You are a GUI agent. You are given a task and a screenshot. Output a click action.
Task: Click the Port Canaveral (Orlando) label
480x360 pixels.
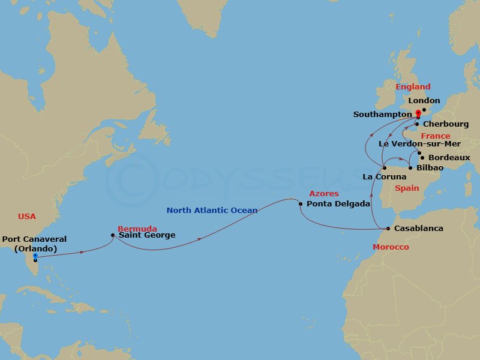click(x=34, y=244)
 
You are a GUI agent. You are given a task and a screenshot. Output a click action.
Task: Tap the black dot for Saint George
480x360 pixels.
click(x=113, y=235)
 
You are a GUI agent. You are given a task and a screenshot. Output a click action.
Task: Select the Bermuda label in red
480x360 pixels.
click(x=137, y=229)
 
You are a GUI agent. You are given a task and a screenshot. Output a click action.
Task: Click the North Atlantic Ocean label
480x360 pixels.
click(x=212, y=210)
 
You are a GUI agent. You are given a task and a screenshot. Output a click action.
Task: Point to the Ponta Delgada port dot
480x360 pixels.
click(x=300, y=204)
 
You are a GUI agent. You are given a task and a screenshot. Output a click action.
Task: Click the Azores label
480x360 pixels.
click(x=324, y=194)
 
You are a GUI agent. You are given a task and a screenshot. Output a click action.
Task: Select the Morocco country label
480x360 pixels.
click(x=391, y=247)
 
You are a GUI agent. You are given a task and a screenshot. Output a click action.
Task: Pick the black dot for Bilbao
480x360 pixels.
click(x=410, y=168)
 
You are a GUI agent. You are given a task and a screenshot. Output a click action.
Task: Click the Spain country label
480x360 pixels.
click(x=407, y=188)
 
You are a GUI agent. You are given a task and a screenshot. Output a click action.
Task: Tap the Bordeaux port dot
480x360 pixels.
click(x=422, y=158)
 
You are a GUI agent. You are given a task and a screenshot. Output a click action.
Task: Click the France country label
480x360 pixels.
click(x=435, y=136)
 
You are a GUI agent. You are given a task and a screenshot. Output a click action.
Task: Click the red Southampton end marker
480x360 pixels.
click(x=418, y=112)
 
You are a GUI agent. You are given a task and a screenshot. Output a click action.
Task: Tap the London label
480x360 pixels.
click(x=424, y=101)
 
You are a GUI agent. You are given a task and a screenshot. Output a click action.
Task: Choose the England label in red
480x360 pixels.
click(x=413, y=87)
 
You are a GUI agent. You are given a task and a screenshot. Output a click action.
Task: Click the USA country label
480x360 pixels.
click(x=27, y=216)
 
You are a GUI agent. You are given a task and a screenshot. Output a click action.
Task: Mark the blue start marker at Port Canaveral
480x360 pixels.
click(x=35, y=256)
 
